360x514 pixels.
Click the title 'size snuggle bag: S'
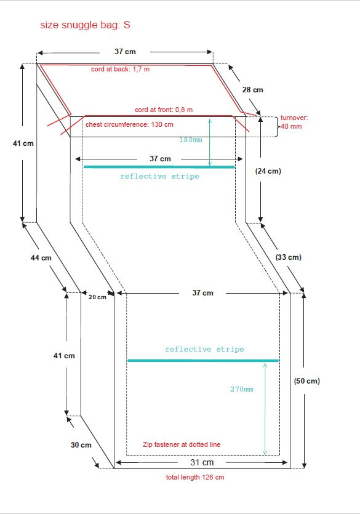pos(85,25)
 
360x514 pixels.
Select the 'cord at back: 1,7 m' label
pos(120,69)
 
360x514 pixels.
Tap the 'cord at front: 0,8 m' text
pos(164,110)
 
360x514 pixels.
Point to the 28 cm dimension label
pos(252,89)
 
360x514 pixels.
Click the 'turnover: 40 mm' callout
pos(294,122)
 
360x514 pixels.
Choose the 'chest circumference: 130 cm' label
pos(129,124)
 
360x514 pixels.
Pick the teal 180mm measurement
pos(191,140)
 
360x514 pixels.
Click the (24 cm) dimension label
pos(268,171)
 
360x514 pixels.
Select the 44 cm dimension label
pos(41,258)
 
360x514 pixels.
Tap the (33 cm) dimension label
pos(288,257)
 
